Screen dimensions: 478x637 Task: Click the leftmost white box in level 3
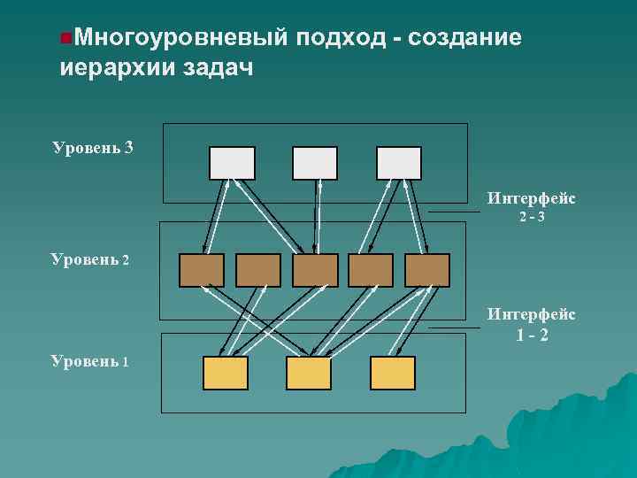pyautogui.click(x=232, y=163)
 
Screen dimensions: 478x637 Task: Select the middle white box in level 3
pyautogui.click(x=315, y=163)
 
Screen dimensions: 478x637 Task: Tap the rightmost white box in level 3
pyautogui.click(x=399, y=163)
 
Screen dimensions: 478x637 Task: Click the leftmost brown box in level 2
pyautogui.click(x=202, y=270)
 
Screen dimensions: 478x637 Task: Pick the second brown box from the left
pyautogui.click(x=258, y=270)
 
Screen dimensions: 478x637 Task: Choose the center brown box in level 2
pyautogui.click(x=315, y=270)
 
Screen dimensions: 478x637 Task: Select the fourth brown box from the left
pyautogui.click(x=371, y=270)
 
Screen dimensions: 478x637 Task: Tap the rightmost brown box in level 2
pyautogui.click(x=427, y=270)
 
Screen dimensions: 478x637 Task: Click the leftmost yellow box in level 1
pyautogui.click(x=226, y=373)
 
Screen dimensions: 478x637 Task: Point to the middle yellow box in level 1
pyautogui.click(x=309, y=373)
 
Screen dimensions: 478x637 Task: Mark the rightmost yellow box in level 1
pyautogui.click(x=393, y=373)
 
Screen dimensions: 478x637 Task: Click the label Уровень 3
pyautogui.click(x=93, y=147)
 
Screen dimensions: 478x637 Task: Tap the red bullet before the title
pyautogui.click(x=65, y=38)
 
